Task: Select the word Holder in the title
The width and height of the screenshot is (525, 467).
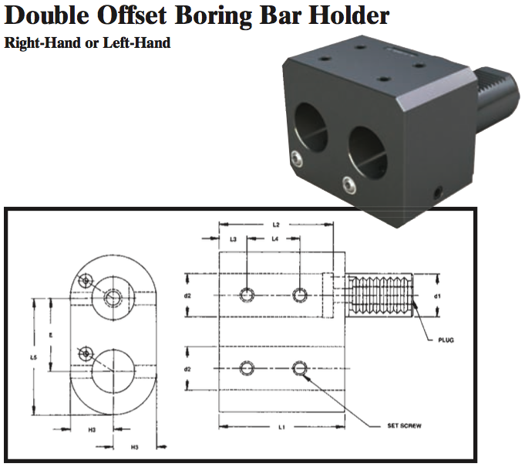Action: coord(351,15)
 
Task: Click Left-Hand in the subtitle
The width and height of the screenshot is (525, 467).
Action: coord(139,43)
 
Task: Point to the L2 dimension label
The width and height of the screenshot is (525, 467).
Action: coord(275,224)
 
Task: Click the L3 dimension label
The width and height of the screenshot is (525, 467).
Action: coord(233,240)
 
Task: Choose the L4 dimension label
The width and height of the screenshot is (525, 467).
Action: coord(274,240)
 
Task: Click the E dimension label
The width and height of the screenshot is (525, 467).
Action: coord(50,334)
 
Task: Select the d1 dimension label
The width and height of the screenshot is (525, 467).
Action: coord(437,296)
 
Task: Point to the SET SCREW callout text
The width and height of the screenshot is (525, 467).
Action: coord(404,425)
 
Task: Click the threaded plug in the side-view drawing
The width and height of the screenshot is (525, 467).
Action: coord(381,296)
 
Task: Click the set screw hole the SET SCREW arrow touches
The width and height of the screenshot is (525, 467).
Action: coord(300,368)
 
